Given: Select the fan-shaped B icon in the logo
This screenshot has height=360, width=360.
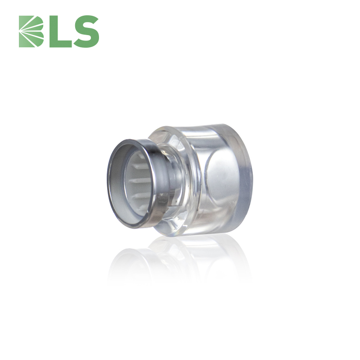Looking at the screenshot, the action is pyautogui.click(x=31, y=31).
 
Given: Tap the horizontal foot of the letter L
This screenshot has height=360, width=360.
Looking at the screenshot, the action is pyautogui.click(x=61, y=44).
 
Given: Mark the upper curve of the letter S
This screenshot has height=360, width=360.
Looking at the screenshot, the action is pyautogui.click(x=86, y=21).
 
